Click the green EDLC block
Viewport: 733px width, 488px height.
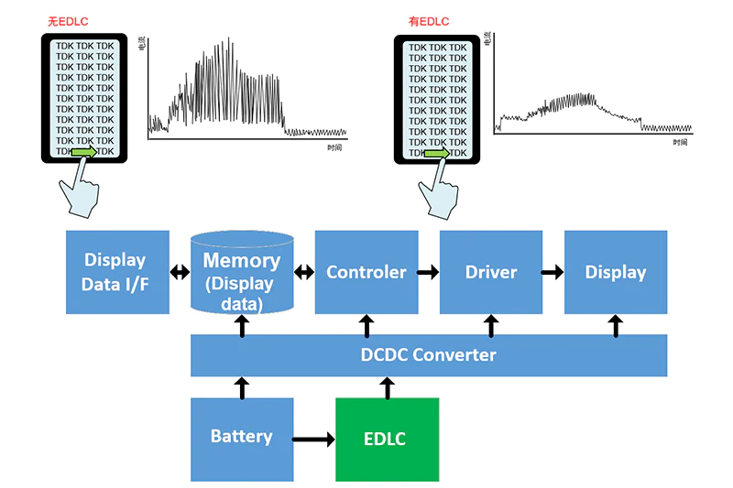coord(387,439)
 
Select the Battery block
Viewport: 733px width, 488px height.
coord(242,439)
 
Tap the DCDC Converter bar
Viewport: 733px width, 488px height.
coord(428,355)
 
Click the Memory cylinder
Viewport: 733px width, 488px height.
coord(242,273)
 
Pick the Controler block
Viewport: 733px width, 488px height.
coord(366,272)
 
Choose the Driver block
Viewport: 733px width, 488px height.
coord(491,272)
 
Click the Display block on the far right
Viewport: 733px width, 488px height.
coord(615,272)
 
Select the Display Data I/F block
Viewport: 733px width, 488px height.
coord(117,272)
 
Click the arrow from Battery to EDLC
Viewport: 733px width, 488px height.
coord(314,439)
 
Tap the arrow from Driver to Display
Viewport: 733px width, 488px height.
coord(552,272)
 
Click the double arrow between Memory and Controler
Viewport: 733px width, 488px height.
coord(304,272)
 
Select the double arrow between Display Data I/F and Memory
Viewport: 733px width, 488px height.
coord(180,272)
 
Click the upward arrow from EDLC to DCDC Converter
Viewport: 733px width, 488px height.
coord(387,387)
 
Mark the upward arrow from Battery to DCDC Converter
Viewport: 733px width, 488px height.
coord(242,387)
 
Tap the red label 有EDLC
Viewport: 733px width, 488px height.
coord(427,21)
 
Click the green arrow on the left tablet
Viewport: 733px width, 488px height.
coord(84,152)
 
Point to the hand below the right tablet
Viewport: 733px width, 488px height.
coord(437,192)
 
